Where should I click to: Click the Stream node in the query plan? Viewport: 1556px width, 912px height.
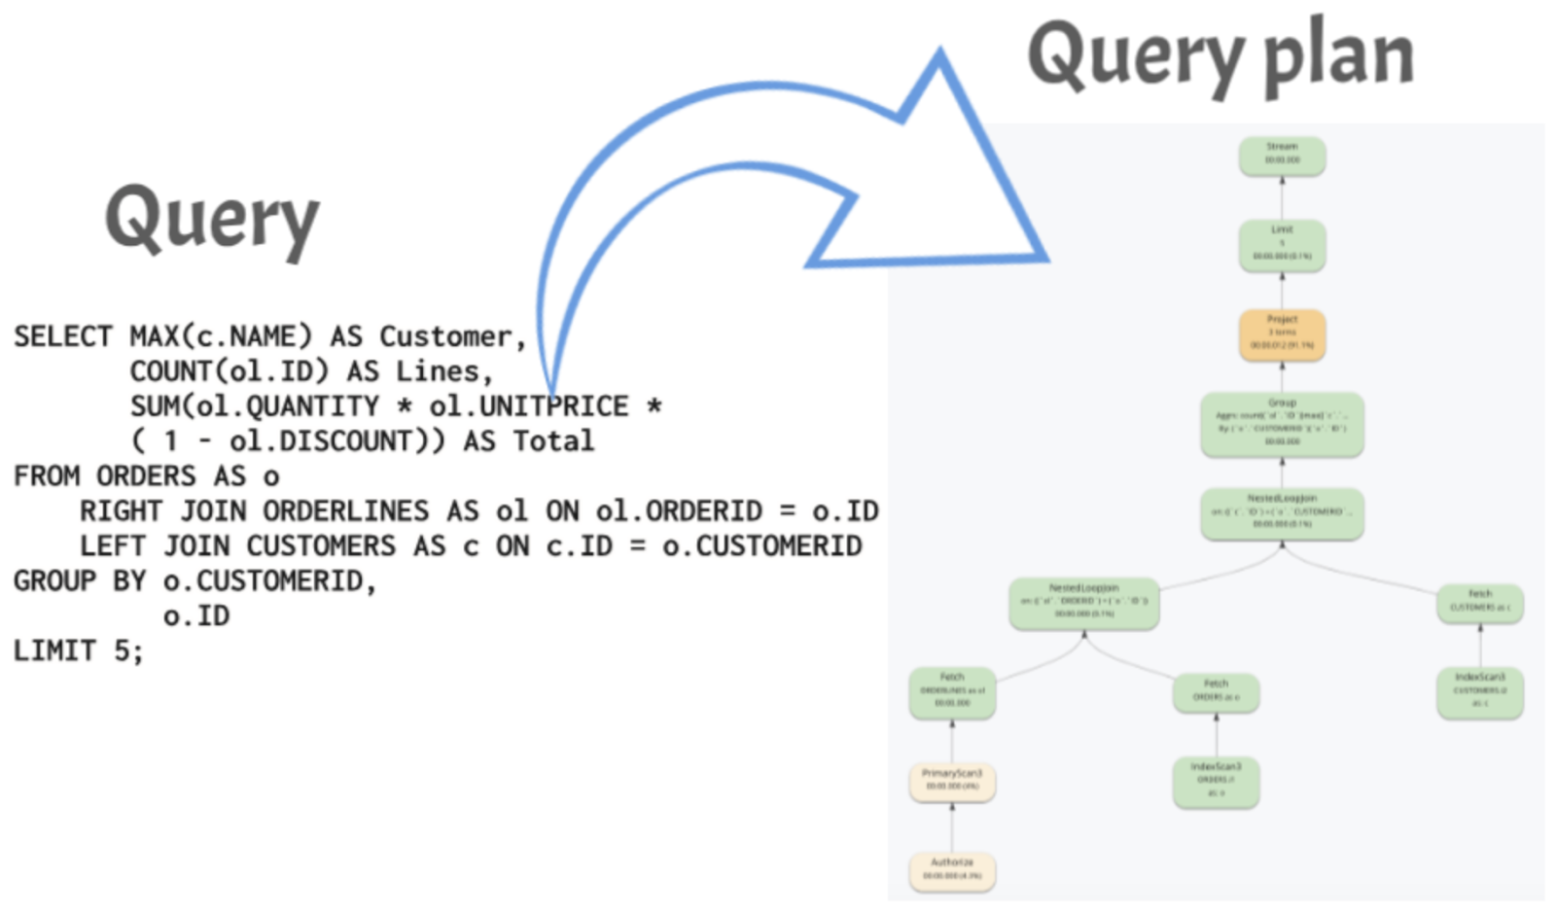[x=1282, y=156]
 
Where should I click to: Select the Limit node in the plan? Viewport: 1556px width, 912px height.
[x=1282, y=245]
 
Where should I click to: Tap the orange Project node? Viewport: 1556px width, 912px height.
[x=1282, y=333]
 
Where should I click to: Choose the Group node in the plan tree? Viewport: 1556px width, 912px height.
[x=1282, y=424]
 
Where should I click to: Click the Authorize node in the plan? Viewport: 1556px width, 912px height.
[x=951, y=870]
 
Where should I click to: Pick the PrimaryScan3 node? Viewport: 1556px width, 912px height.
[x=951, y=781]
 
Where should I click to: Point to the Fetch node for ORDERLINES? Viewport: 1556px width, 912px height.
[x=951, y=691]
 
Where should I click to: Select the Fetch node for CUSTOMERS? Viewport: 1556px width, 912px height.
[x=1479, y=602]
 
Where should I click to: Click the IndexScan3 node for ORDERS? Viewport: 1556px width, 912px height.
[x=1216, y=782]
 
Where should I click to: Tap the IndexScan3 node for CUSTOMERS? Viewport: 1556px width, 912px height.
[x=1479, y=691]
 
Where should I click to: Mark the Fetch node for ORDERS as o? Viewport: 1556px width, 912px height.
[x=1216, y=691]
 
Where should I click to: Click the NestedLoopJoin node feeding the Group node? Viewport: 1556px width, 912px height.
[x=1282, y=513]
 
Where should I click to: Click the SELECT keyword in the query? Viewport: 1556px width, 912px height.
[x=62, y=336]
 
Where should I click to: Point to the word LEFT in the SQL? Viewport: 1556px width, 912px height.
[x=112, y=545]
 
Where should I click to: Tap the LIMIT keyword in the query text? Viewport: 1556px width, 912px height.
[x=53, y=650]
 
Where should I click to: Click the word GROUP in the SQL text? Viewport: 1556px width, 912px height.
[x=53, y=580]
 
